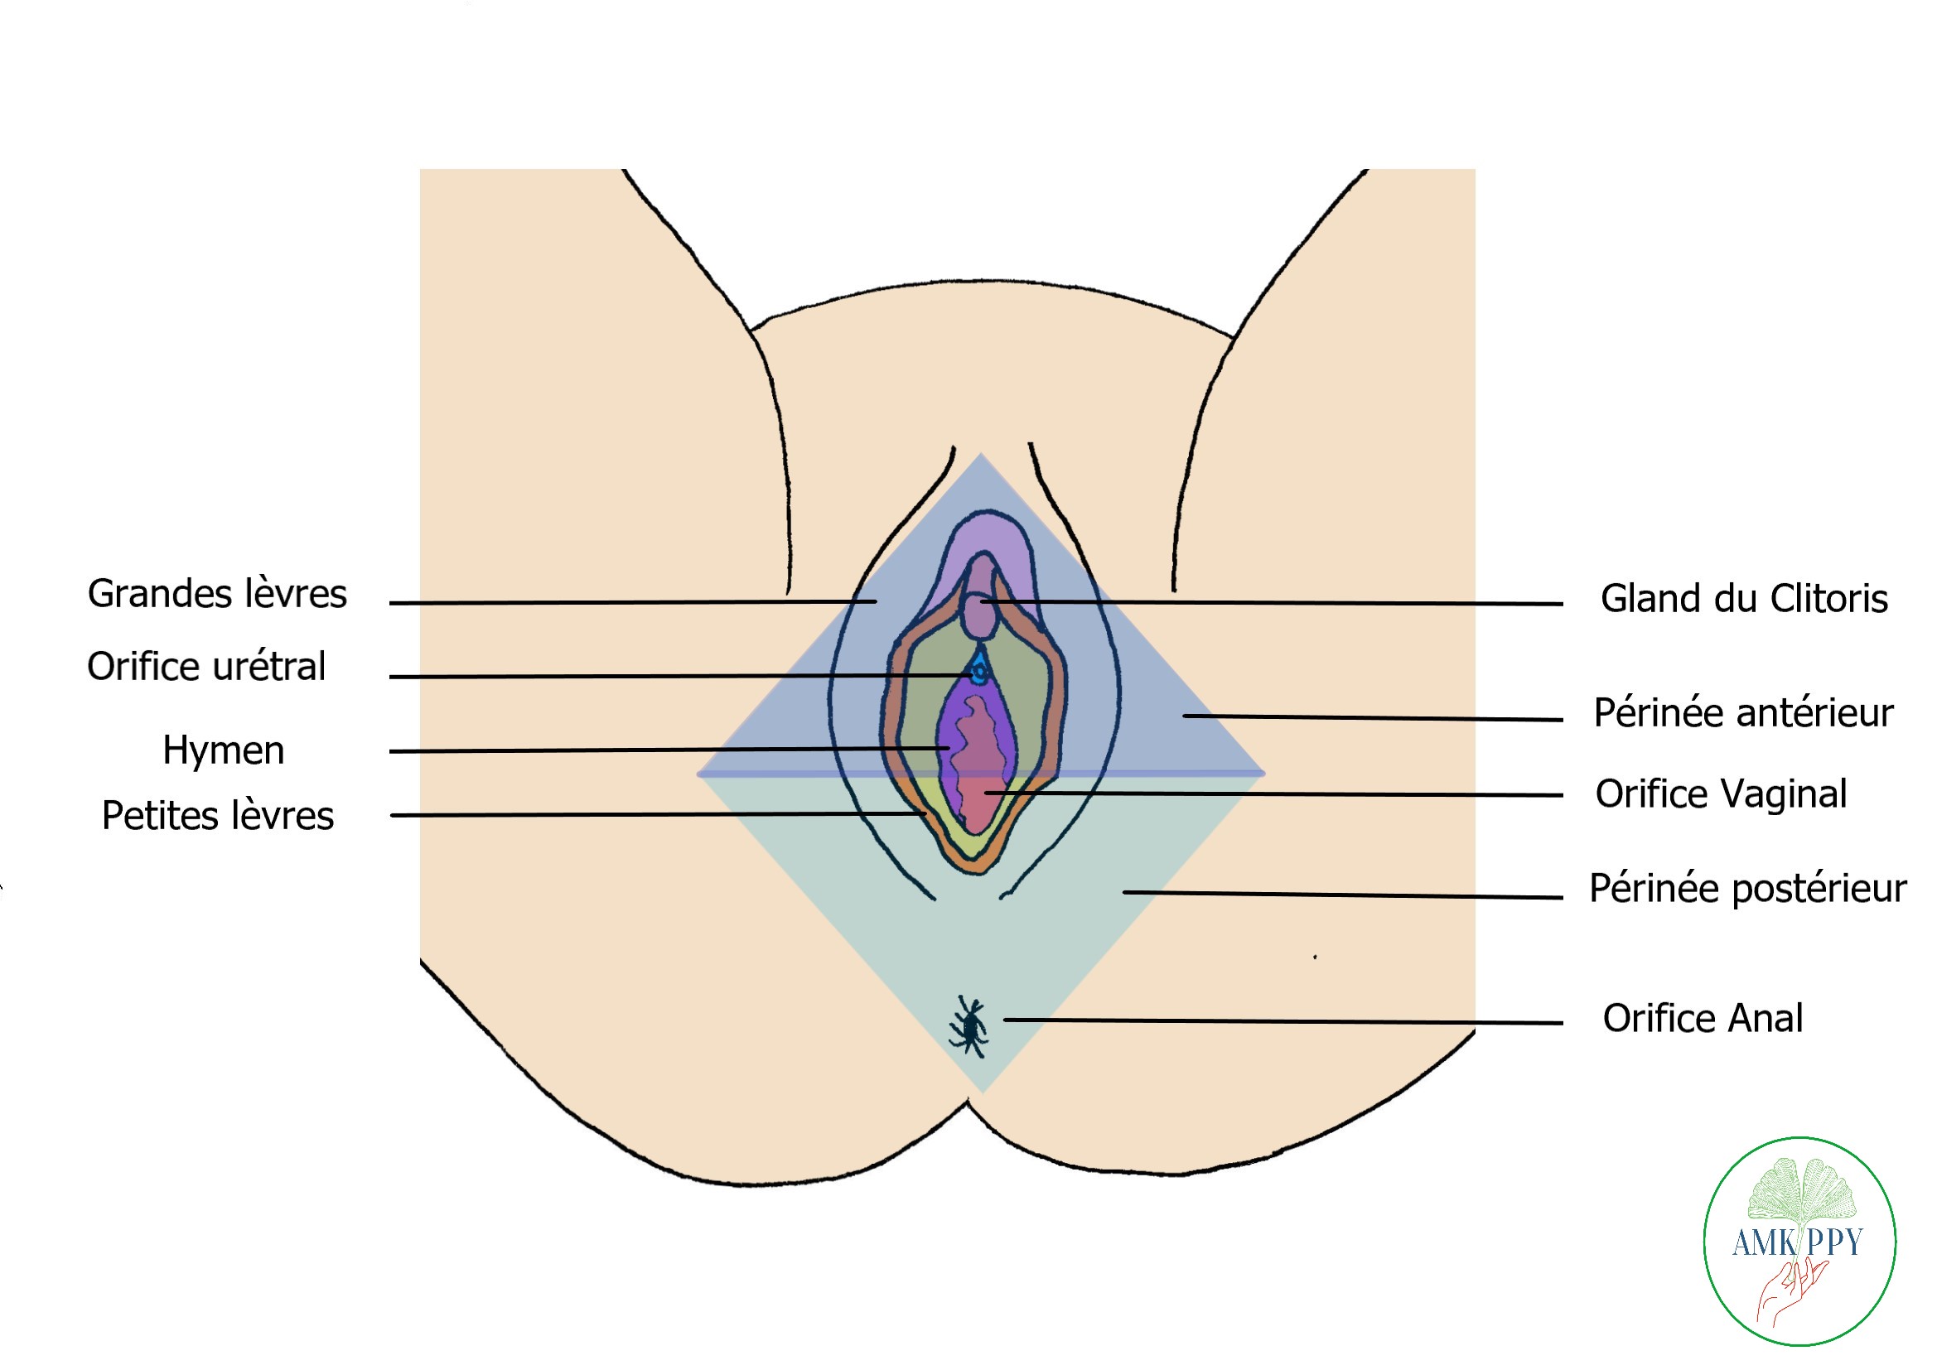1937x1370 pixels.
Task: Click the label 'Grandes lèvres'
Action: point(217,594)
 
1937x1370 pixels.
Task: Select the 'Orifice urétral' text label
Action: point(205,667)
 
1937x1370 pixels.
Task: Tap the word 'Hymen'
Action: point(223,750)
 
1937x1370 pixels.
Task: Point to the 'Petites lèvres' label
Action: point(218,816)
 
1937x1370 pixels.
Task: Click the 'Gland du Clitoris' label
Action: point(1744,599)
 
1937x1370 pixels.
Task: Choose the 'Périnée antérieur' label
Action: point(1743,713)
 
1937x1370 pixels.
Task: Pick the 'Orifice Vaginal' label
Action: point(1721,794)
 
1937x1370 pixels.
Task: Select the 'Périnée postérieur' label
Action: point(1747,888)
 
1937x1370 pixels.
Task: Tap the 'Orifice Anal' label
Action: point(1703,1018)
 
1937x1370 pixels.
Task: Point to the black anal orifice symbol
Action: point(970,1025)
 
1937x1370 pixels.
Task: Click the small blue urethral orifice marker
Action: point(978,672)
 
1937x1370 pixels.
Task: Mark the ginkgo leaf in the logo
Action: point(1802,1190)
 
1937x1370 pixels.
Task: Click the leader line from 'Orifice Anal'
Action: point(1282,1021)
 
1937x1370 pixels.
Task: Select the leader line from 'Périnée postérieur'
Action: point(1341,895)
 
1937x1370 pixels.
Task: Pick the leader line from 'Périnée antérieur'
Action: point(1371,718)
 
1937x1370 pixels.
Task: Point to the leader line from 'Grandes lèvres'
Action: point(633,602)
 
